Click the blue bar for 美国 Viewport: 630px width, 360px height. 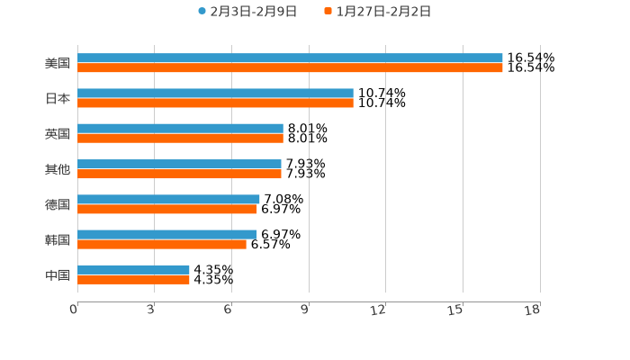(x=290, y=58)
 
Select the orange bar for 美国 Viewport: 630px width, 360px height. (x=290, y=68)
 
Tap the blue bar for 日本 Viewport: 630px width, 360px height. (x=215, y=94)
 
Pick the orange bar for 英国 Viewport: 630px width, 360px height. (x=180, y=139)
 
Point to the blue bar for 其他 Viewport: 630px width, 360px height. (x=179, y=164)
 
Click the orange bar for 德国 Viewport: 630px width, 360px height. (x=167, y=209)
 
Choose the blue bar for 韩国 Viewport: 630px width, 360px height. (x=167, y=234)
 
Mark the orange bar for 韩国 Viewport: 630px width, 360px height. (x=162, y=244)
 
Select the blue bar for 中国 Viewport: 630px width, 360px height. (x=133, y=269)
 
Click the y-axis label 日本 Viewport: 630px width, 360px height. (x=58, y=99)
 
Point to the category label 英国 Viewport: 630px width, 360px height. (x=58, y=134)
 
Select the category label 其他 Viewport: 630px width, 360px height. (x=58, y=169)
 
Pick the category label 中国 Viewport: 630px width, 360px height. (x=58, y=274)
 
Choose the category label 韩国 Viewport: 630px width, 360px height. (x=58, y=239)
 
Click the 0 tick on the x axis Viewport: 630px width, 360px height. (x=75, y=310)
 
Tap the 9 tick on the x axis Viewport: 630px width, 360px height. (x=306, y=310)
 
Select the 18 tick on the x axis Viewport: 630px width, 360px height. (x=534, y=310)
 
